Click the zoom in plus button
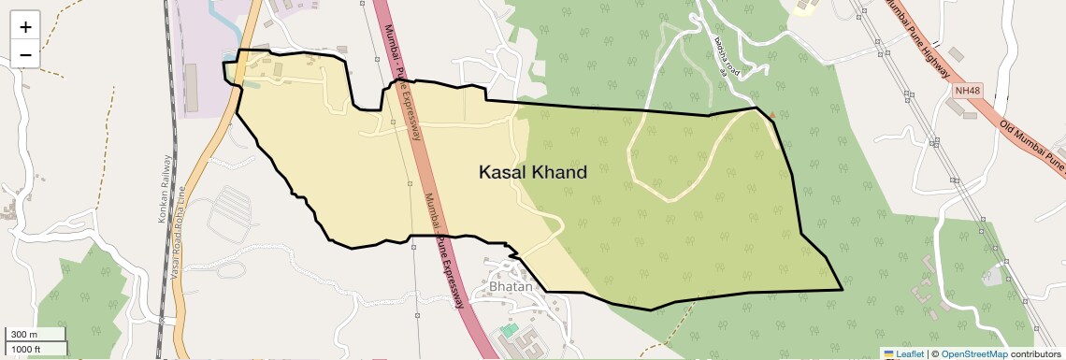(25, 26)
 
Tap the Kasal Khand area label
(532, 172)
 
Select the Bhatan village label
(511, 286)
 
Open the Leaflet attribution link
(910, 353)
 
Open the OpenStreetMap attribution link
(973, 353)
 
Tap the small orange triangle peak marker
(772, 115)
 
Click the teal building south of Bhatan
(508, 330)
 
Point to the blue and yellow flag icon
(888, 353)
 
